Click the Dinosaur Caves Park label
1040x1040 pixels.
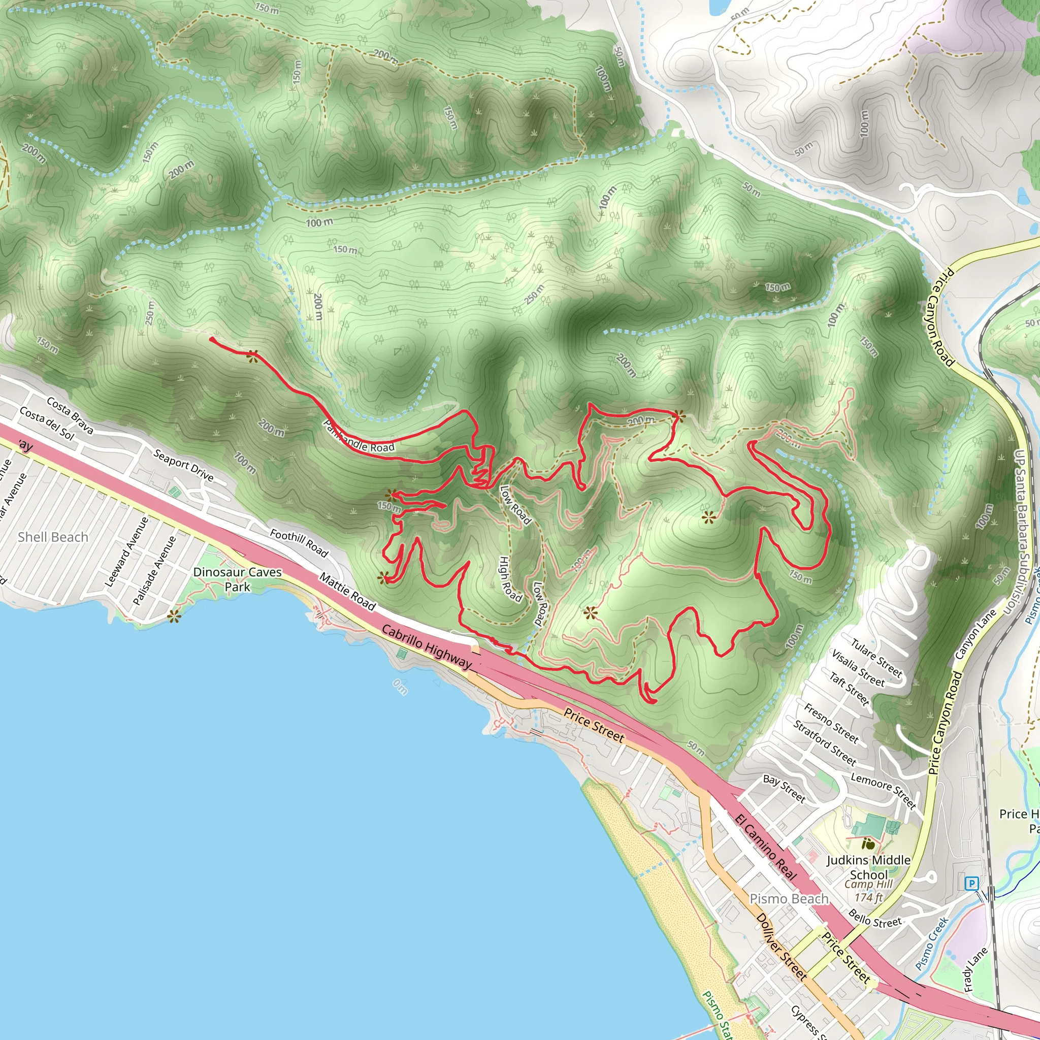coord(237,579)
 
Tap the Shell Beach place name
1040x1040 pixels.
coord(53,537)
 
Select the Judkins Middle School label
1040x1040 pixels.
coord(868,867)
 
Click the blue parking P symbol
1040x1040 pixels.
coord(971,884)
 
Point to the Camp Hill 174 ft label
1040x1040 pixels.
coord(868,890)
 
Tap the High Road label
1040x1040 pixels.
coord(510,579)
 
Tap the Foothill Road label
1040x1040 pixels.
coord(299,543)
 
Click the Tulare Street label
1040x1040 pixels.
coord(876,657)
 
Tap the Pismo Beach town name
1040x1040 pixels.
coord(789,898)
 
